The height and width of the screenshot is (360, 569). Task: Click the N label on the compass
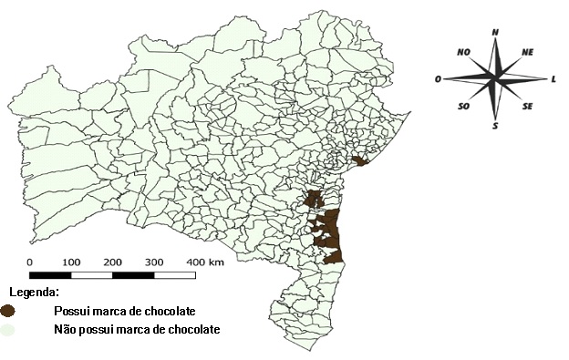(x=495, y=32)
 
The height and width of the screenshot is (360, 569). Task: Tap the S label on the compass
(x=495, y=126)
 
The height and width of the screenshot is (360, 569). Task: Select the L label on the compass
(x=553, y=79)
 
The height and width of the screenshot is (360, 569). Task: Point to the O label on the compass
(x=439, y=79)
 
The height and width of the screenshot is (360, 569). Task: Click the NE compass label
(x=527, y=52)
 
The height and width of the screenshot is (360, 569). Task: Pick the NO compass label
(x=463, y=52)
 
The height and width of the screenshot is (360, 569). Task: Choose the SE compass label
(x=527, y=107)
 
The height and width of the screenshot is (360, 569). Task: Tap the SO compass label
(x=464, y=107)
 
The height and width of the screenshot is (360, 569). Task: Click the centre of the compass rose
(x=495, y=79)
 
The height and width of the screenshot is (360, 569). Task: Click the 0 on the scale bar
(x=30, y=262)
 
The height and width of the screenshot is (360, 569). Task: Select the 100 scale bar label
(x=71, y=262)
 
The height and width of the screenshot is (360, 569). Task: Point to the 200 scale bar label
(x=113, y=262)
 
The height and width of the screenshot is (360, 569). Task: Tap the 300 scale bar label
(x=154, y=262)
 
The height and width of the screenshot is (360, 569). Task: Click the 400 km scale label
(x=205, y=262)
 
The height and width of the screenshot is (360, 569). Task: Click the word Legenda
(x=35, y=293)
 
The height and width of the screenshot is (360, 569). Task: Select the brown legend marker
(x=8, y=311)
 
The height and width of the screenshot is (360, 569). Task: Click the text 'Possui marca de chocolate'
(x=125, y=311)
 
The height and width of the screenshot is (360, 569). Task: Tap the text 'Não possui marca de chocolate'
(x=138, y=329)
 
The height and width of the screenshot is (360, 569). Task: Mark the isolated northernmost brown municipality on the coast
(x=360, y=162)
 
